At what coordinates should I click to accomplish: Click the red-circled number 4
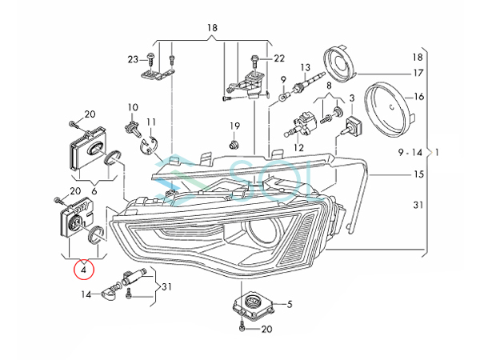pyautogui.click(x=83, y=270)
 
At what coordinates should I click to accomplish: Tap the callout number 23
pyautogui.click(x=133, y=59)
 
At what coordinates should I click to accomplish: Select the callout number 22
pyautogui.click(x=279, y=58)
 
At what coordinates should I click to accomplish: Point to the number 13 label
pyautogui.click(x=306, y=67)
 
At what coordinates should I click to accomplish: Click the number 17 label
pyautogui.click(x=418, y=73)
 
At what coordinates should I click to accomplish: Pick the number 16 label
pyautogui.click(x=418, y=97)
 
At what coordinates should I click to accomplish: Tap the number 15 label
pyautogui.click(x=418, y=174)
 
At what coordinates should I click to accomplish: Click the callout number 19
pyautogui.click(x=234, y=126)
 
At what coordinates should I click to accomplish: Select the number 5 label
pyautogui.click(x=290, y=304)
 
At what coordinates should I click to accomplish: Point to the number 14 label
pyautogui.click(x=86, y=294)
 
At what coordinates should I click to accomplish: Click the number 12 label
pyautogui.click(x=298, y=147)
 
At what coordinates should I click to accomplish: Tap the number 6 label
pyautogui.click(x=94, y=191)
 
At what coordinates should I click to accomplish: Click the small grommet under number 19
pyautogui.click(x=234, y=145)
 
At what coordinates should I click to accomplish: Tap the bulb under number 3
pyautogui.click(x=352, y=126)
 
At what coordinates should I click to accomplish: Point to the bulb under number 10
pyautogui.click(x=133, y=127)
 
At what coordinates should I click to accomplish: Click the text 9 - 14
pyautogui.click(x=410, y=152)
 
